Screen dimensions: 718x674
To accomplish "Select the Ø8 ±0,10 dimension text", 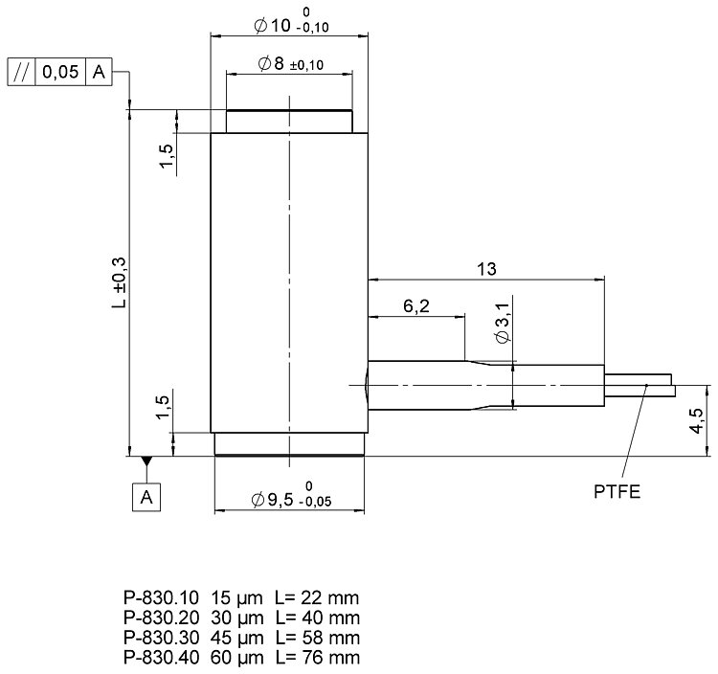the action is tap(291, 63).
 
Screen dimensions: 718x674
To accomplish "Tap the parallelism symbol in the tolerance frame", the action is tap(21, 72).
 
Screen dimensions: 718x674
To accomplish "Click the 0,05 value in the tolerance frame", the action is tap(60, 72).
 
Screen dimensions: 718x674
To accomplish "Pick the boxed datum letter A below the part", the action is tap(146, 497).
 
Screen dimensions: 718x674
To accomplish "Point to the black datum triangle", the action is tap(146, 461).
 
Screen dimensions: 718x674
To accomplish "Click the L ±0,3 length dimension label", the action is tap(119, 282).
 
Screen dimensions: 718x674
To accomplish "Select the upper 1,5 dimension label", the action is tap(167, 156).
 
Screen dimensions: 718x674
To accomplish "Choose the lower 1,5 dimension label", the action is tap(163, 407).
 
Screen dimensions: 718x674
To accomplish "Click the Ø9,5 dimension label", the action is tap(291, 495).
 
